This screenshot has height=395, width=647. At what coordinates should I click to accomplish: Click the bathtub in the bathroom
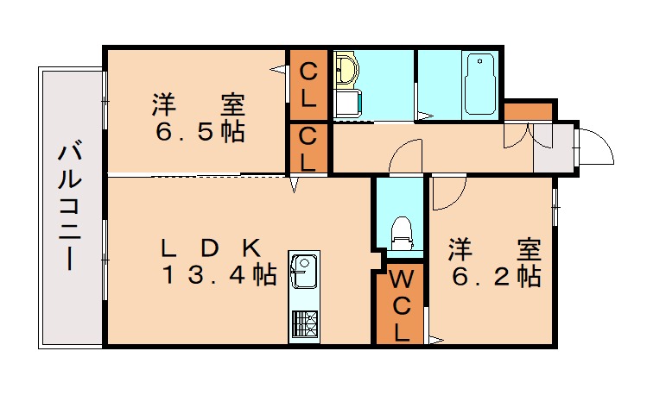tap(479, 85)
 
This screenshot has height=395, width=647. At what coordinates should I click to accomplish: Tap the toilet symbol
tap(402, 233)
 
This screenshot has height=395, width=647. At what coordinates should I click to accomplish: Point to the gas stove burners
tap(305, 323)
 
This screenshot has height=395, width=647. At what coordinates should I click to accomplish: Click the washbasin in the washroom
tap(346, 69)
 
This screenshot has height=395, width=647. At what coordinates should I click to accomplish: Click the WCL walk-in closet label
tap(400, 307)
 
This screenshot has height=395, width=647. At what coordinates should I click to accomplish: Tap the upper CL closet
tap(308, 85)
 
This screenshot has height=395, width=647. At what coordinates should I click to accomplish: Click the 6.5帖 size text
tap(200, 132)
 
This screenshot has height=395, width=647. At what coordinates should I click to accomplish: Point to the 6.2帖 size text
tap(496, 276)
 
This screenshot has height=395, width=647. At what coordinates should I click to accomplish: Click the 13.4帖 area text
tap(219, 275)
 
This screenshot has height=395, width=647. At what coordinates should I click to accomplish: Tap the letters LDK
tap(211, 248)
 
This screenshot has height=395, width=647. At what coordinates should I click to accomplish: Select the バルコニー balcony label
tap(70, 205)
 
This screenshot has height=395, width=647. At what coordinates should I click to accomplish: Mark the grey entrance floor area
tap(553, 148)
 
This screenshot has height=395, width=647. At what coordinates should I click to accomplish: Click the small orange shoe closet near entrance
tap(528, 111)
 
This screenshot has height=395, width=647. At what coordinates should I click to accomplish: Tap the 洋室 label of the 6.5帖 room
tap(199, 105)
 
